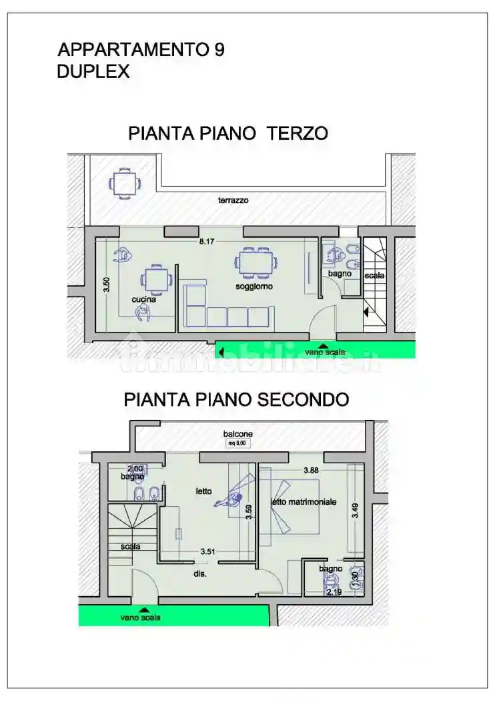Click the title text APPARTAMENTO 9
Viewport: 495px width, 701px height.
(141, 49)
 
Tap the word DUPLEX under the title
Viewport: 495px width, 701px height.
(93, 72)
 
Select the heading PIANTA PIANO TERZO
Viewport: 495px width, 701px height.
(227, 134)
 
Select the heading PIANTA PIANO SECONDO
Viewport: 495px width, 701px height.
(236, 399)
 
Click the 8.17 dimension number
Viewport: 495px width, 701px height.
(213, 242)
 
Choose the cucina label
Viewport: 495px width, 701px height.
(143, 300)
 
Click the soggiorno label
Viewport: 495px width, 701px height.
(254, 286)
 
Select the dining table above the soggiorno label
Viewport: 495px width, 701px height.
(256, 262)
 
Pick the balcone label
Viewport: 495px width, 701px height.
(237, 434)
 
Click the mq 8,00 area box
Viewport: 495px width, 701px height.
(237, 443)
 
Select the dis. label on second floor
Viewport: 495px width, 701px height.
(200, 573)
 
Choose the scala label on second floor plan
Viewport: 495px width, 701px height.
(130, 546)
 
